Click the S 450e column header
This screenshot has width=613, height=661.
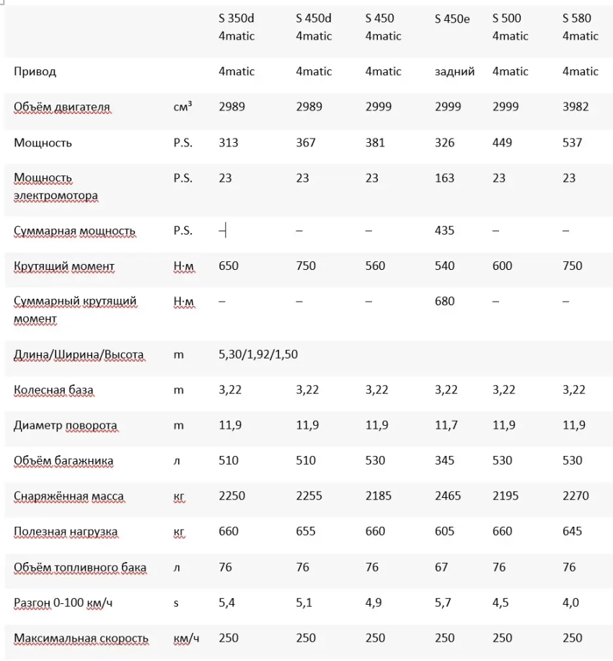pyautogui.click(x=452, y=19)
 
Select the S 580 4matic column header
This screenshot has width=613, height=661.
pyautogui.click(x=580, y=27)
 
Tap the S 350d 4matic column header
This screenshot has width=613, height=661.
pyautogui.click(x=237, y=27)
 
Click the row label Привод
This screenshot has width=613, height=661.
pyautogui.click(x=35, y=71)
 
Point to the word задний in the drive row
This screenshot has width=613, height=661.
pyautogui.click(x=454, y=71)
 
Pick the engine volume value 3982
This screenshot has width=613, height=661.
pyautogui.click(x=575, y=107)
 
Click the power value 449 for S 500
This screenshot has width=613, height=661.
pyautogui.click(x=502, y=142)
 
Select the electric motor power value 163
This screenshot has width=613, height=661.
pyautogui.click(x=445, y=178)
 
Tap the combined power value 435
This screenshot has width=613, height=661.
pyautogui.click(x=445, y=231)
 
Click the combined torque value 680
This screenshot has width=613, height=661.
pyautogui.click(x=445, y=301)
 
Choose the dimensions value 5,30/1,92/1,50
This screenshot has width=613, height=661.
pyautogui.click(x=258, y=354)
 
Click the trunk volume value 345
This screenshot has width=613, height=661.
pyautogui.click(x=445, y=460)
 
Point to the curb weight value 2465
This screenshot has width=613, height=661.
pyautogui.click(x=448, y=496)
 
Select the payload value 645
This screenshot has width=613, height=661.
pyautogui.click(x=572, y=531)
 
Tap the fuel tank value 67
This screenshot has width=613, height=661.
pyautogui.click(x=441, y=567)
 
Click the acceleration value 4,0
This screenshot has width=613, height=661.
pyautogui.click(x=570, y=603)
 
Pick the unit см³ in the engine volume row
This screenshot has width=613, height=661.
pyautogui.click(x=182, y=107)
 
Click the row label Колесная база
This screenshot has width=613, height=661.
pyautogui.click(x=53, y=390)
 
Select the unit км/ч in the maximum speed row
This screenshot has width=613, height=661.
pyautogui.click(x=185, y=638)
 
